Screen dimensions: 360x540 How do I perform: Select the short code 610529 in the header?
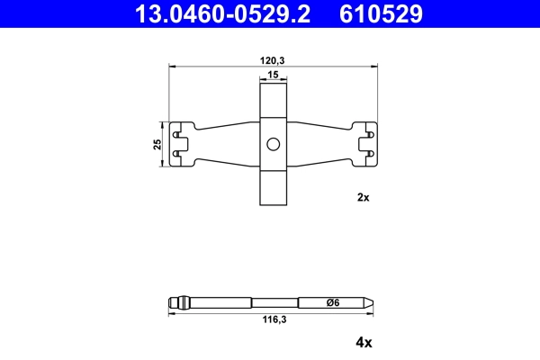[x=380, y=13]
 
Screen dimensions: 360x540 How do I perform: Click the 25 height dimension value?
[x=157, y=145]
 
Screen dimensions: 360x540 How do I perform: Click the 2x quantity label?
[x=364, y=197]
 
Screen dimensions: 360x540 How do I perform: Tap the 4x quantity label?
[x=364, y=342]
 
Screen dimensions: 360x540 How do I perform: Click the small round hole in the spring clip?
[x=274, y=145]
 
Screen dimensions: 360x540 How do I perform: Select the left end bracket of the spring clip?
[x=183, y=145]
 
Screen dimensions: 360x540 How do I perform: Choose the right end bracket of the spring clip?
[x=364, y=145]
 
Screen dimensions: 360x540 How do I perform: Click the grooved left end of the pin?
[x=177, y=302]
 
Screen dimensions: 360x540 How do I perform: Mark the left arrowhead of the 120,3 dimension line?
[x=174, y=66]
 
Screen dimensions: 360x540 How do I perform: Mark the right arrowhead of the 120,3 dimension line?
[x=373, y=66]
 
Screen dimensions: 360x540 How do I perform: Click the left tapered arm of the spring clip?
[x=225, y=145]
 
